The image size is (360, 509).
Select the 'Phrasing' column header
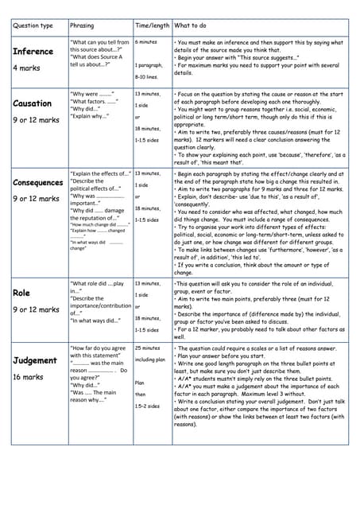[x=83, y=26]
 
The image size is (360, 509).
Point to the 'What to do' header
[x=191, y=26]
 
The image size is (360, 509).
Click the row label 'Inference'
[x=33, y=52]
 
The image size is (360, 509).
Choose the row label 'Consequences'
[x=37, y=182]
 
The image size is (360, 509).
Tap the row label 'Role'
[x=21, y=293]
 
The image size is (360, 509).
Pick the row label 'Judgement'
[x=35, y=360]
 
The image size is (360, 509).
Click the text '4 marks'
[x=25, y=68]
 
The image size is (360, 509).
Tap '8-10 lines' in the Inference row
[x=147, y=77]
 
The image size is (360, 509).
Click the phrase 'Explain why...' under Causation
[x=90, y=117]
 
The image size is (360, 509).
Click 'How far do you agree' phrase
[x=98, y=348]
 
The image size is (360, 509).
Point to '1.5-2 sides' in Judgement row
[x=147, y=406]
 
